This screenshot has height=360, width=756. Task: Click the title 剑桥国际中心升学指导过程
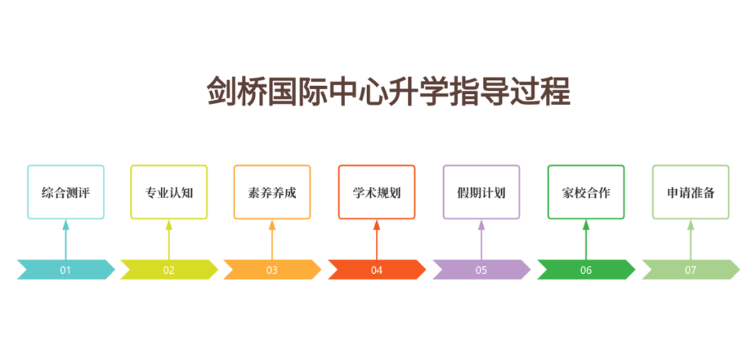388,92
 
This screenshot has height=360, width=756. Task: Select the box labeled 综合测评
66,192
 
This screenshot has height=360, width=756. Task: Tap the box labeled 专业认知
169,192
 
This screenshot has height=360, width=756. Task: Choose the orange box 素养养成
272,192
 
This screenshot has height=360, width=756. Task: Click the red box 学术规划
377,192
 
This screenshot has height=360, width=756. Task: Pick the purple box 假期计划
481,192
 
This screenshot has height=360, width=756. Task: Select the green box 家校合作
586,192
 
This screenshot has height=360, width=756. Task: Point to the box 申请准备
691,192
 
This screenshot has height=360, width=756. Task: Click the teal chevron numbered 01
66,270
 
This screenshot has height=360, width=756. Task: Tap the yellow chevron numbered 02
169,270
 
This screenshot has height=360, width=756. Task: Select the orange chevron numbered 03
272,270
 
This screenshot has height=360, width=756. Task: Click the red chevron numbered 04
377,270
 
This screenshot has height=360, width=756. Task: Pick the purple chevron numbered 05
481,270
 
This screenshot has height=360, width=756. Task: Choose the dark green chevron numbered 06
586,270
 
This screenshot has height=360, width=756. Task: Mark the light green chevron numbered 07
691,270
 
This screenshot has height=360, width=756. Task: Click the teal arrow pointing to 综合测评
66,240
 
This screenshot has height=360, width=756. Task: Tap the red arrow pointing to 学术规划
377,240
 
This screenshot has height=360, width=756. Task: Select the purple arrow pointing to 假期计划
481,240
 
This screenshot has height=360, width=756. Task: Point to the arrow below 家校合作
586,240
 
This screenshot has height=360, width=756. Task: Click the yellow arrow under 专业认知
169,240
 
